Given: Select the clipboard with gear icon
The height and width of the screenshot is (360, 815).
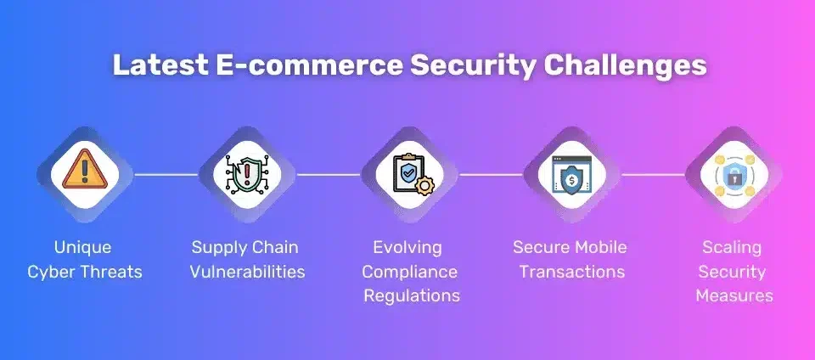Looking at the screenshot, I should pos(408,174).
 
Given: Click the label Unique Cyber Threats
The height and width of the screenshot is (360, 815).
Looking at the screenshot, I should pos(83,260).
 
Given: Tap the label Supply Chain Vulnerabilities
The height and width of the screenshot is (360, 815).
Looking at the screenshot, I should pos(247,260).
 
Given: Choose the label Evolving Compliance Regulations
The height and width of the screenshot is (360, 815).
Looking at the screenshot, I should pos(408,272).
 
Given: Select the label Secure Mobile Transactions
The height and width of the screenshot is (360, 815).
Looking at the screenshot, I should pos(570,260).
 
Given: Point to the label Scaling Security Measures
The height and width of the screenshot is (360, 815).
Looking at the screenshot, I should pos(733,272).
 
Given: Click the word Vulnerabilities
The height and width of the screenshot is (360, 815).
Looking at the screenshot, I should pos(247,273).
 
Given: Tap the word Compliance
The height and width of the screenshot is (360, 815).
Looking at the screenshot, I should pos(408,272).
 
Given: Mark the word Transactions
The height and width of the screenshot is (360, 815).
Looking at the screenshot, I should pos(572,273).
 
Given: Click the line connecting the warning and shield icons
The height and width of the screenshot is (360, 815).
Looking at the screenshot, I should pos(165,175).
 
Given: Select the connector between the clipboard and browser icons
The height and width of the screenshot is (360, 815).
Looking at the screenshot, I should pos(490,175).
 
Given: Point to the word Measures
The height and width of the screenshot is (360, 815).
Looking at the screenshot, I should pos(733,296).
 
